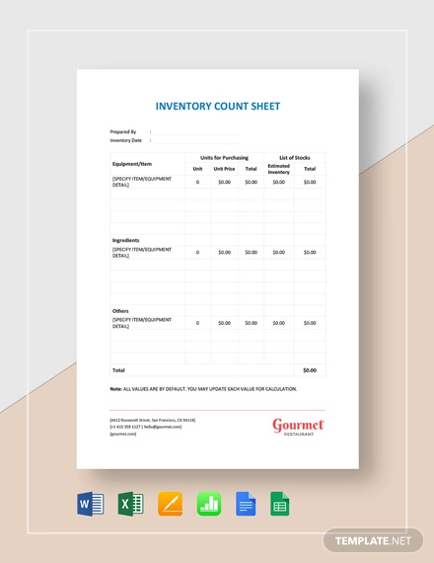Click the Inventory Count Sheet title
[x=217, y=106]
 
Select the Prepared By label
[x=123, y=131]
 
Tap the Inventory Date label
[x=126, y=140]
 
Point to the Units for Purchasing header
[x=224, y=157]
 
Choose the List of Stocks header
[x=294, y=157]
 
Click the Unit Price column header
[x=224, y=168]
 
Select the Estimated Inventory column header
[x=279, y=168]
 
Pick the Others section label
[x=120, y=311]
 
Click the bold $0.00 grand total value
[x=310, y=370]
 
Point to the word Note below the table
[x=115, y=389]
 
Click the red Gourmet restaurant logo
[x=298, y=427]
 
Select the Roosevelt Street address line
[x=152, y=419]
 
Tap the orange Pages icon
[x=169, y=506]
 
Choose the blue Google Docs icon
[x=247, y=506]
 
